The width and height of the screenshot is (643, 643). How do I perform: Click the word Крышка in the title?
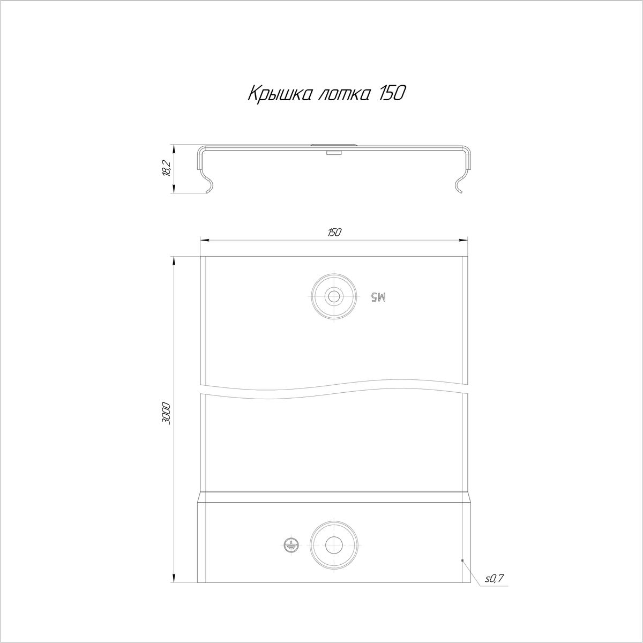(280, 94)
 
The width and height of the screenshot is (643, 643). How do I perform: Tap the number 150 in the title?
(392, 94)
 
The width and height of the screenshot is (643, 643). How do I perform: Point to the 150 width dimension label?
(334, 233)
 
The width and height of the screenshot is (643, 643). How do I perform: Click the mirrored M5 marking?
(379, 297)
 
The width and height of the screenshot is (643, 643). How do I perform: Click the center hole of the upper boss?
(334, 296)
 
